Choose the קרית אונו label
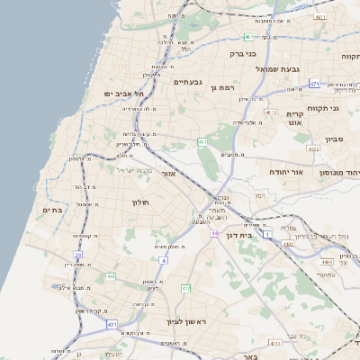[x=295, y=119]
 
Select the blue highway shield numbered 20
[x=78, y=255]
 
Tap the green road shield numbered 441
[x=111, y=276]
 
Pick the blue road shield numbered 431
[x=112, y=323]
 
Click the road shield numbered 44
[x=215, y=233]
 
